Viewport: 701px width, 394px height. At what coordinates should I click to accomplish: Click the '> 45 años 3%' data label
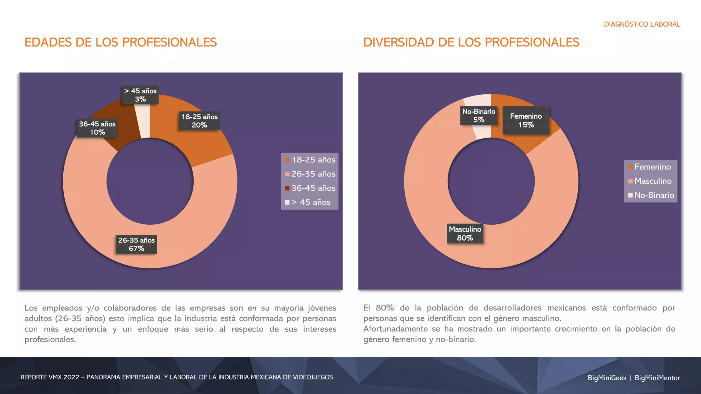tap(140, 95)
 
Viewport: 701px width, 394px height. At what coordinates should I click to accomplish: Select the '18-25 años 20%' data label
tap(199, 121)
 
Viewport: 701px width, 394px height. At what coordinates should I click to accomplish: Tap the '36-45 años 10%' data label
tap(97, 128)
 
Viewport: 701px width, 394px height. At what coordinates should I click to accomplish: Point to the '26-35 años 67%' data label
tap(136, 244)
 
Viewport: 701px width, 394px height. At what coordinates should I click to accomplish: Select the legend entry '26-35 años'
tap(310, 174)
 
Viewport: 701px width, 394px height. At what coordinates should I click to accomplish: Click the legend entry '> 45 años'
tap(310, 202)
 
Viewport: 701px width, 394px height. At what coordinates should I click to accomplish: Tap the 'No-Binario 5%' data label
tap(479, 116)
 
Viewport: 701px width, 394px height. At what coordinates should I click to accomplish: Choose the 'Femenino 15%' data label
tap(526, 120)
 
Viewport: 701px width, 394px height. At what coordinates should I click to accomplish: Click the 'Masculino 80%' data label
tap(465, 234)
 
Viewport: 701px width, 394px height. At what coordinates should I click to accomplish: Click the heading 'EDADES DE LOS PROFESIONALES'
tap(120, 42)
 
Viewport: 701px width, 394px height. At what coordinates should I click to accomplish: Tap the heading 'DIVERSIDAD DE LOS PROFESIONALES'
tap(471, 42)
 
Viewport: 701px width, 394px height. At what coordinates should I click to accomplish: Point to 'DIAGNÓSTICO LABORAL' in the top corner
tap(642, 24)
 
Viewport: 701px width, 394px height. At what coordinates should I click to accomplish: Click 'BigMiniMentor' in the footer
tap(657, 378)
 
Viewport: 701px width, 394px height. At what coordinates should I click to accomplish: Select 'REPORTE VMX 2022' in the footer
tap(50, 377)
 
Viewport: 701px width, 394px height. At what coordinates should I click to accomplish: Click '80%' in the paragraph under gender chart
tap(385, 308)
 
